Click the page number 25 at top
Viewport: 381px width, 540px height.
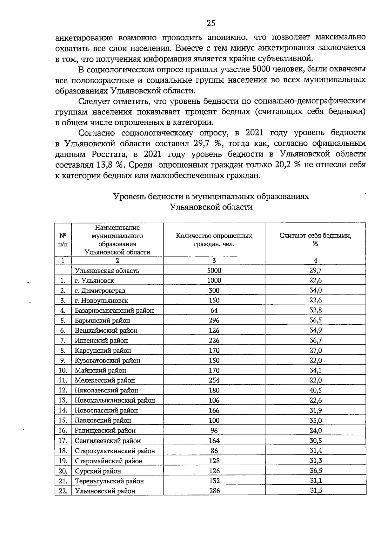click(x=211, y=23)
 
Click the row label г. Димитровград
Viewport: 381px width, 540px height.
click(x=100, y=291)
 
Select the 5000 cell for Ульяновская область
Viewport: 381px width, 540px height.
click(x=214, y=271)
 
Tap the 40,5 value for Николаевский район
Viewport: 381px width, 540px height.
click(x=316, y=390)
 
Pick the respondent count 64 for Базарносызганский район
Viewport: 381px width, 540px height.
click(x=214, y=310)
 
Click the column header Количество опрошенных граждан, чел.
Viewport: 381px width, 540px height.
click(x=214, y=240)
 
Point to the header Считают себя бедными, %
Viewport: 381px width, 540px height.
click(x=315, y=240)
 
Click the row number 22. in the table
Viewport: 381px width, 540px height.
click(x=63, y=491)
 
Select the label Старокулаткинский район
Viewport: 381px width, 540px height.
click(x=115, y=451)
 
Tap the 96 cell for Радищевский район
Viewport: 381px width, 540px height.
click(x=214, y=431)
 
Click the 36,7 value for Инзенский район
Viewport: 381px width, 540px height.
click(x=316, y=340)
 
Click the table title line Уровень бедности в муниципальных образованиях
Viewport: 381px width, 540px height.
click(x=211, y=196)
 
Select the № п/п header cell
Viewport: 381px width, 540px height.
click(x=63, y=240)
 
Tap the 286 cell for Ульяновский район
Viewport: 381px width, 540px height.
click(x=214, y=491)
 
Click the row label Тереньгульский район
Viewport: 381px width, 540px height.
click(x=109, y=481)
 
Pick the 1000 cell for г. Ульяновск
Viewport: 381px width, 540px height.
click(x=214, y=280)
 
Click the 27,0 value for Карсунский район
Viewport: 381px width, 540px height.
click(x=316, y=350)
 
